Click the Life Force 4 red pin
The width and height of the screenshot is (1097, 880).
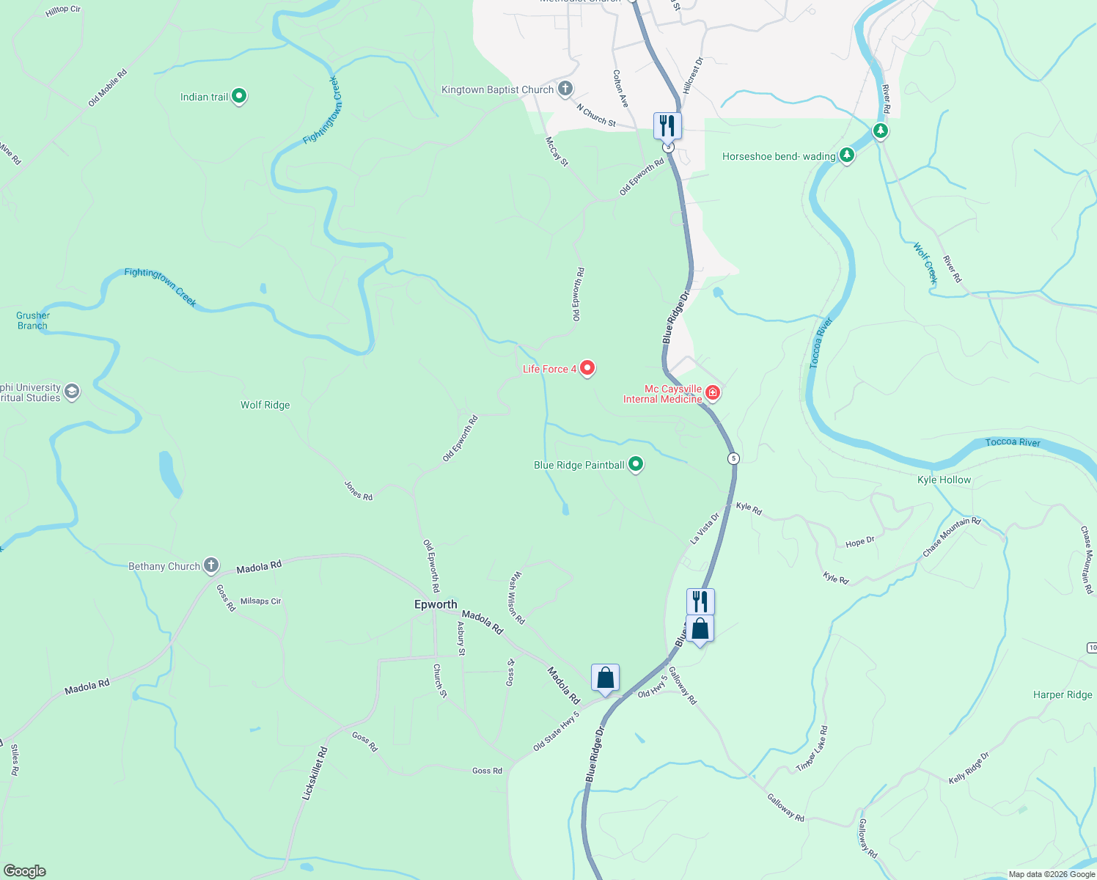point(587,368)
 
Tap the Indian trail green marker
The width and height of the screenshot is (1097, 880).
point(238,96)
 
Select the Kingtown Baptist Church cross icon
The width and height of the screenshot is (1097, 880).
point(565,89)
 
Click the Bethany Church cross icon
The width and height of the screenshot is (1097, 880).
point(211,565)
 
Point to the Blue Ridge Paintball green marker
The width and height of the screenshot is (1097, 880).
point(636,464)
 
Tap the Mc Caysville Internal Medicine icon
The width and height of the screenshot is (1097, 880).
point(712,394)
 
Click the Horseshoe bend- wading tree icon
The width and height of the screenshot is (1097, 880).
point(847,155)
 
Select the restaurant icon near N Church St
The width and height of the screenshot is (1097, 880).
point(667,125)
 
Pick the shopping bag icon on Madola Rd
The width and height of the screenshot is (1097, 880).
point(605,678)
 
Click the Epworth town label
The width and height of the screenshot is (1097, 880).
point(436,604)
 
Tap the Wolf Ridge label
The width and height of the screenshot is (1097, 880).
point(265,405)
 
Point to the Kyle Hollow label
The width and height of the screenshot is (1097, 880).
point(944,480)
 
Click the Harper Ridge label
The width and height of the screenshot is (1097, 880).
point(1063,694)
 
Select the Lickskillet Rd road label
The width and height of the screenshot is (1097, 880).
point(315,773)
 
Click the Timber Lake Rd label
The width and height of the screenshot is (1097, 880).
point(812,749)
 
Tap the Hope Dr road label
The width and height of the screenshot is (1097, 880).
point(859,543)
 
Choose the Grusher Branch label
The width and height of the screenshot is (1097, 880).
point(33,320)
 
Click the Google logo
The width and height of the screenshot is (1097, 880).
point(25,871)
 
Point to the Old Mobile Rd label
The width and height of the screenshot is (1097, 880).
point(107,88)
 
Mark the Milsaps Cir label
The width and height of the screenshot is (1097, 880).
point(260,601)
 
